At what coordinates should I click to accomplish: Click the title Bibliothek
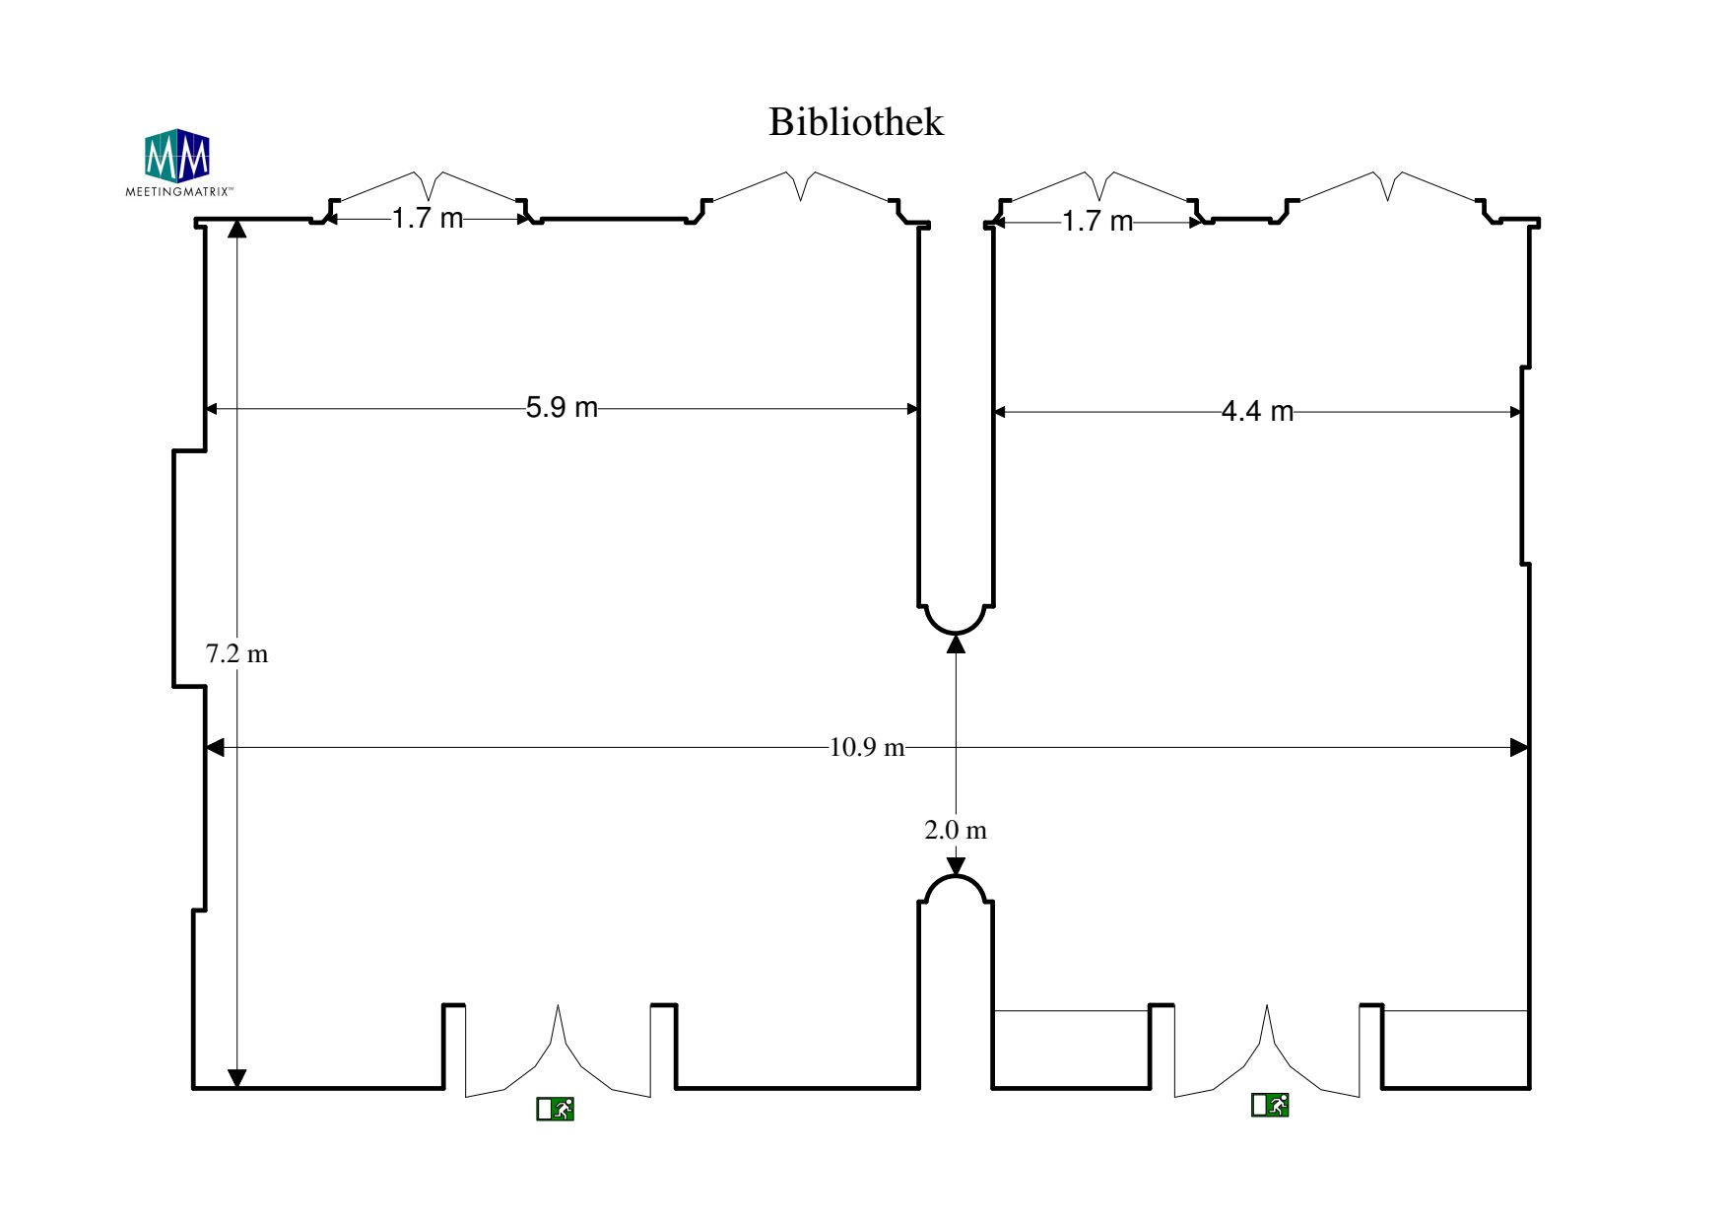click(855, 122)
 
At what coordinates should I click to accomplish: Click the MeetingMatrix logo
click(177, 161)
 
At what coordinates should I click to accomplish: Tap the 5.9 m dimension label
click(562, 407)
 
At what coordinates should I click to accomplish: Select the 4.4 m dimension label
click(1257, 411)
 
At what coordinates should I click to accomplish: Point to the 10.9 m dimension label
click(866, 747)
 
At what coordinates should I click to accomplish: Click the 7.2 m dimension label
click(236, 653)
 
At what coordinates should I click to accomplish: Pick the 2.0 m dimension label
click(955, 830)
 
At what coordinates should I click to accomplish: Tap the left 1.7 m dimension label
click(427, 218)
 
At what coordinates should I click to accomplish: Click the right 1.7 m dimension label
click(1097, 221)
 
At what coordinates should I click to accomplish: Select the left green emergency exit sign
click(555, 1109)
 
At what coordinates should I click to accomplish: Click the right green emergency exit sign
click(1270, 1105)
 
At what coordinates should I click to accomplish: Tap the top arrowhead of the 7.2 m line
click(236, 229)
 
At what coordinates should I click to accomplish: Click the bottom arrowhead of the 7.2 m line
click(236, 1079)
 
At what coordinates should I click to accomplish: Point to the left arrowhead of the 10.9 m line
click(215, 747)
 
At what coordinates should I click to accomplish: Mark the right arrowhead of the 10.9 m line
click(1519, 747)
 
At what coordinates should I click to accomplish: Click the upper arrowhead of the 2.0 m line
click(955, 644)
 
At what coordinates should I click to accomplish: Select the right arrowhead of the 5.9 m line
click(913, 408)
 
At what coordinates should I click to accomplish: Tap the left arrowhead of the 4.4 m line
click(999, 412)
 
